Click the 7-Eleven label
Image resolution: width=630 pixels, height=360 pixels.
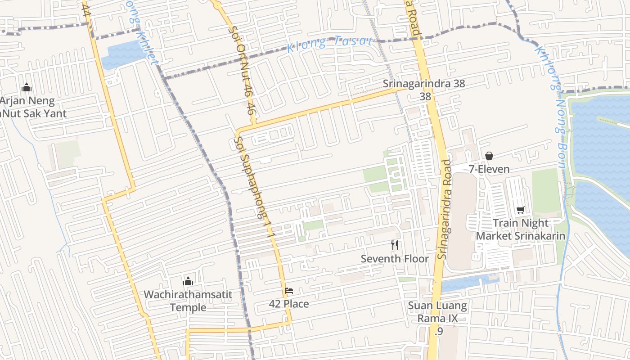[489, 169]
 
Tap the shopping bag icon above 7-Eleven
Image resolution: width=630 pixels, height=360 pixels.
[489, 156]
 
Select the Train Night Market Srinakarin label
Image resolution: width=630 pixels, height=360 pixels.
[521, 229]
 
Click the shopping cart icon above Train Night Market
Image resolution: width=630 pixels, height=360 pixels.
[521, 210]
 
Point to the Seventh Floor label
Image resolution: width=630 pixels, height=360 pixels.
[395, 259]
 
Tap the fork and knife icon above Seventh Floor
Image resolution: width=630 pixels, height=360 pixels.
[395, 245]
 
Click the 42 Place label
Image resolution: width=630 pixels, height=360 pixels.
[289, 304]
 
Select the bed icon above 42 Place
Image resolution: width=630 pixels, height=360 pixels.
[289, 291]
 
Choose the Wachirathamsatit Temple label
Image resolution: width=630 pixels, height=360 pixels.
[188, 301]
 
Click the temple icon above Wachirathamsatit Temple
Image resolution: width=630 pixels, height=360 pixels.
[188, 282]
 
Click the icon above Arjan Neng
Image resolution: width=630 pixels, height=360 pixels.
[27, 87]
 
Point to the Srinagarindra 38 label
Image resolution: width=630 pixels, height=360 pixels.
[424, 84]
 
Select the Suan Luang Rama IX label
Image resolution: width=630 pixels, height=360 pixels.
[437, 312]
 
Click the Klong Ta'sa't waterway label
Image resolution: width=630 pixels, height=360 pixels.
[330, 43]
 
